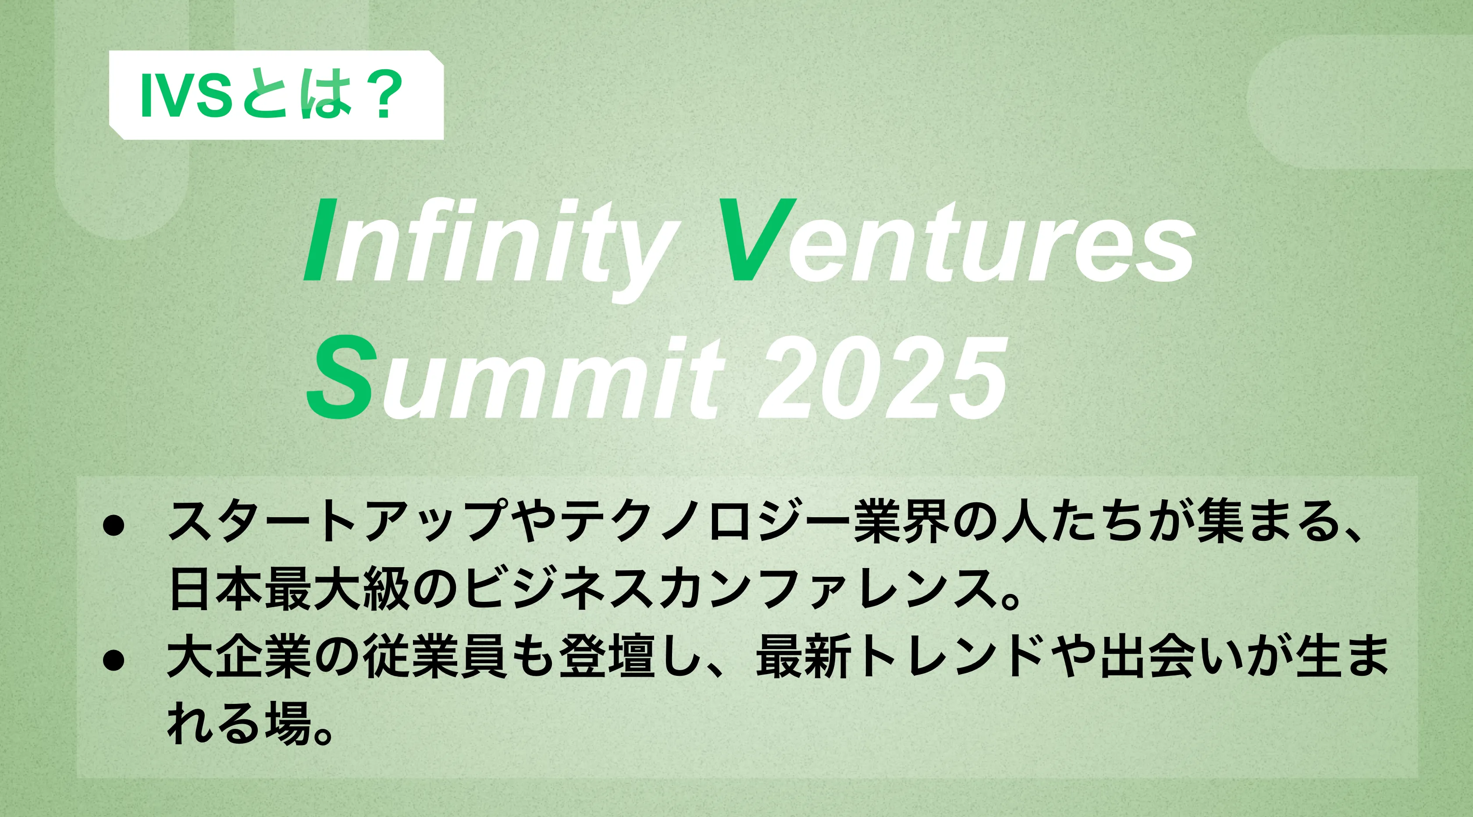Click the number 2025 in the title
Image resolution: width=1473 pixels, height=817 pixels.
coord(882,377)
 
